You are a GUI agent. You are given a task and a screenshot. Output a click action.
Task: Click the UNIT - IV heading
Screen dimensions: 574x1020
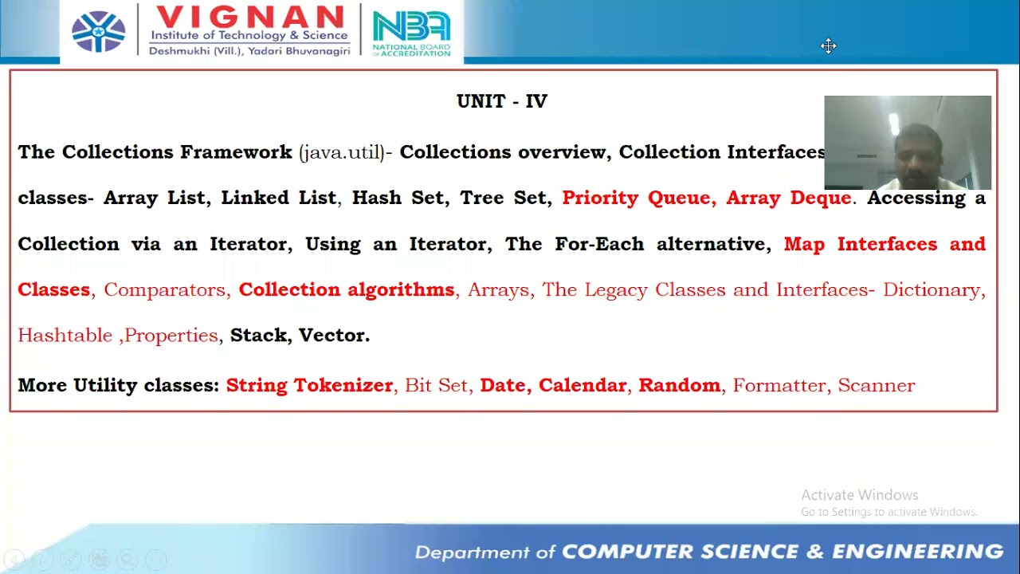pos(502,101)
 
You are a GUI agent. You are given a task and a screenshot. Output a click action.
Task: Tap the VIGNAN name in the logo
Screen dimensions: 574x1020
pos(249,16)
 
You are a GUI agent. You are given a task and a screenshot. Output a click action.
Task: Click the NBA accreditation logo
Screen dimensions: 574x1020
pos(411,32)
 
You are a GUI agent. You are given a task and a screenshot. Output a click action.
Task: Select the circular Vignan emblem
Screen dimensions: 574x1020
pos(99,32)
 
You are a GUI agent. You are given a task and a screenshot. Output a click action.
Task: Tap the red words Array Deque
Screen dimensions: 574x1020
pos(788,198)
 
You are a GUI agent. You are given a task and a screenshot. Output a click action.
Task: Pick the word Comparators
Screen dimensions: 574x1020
pos(165,289)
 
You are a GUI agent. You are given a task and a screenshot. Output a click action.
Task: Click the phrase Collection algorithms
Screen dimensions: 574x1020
pos(346,289)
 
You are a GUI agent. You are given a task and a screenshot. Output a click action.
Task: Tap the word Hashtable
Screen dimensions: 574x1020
pos(65,336)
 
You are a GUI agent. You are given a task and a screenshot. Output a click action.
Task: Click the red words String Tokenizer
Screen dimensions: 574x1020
pos(309,386)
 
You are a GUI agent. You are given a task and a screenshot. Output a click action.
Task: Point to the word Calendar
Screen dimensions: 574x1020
pos(582,386)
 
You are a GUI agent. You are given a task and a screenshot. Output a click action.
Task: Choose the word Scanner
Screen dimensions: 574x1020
pos(876,386)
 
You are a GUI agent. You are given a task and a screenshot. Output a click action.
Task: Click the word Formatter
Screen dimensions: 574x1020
pos(779,386)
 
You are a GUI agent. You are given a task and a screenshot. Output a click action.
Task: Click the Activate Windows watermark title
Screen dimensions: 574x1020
pos(859,495)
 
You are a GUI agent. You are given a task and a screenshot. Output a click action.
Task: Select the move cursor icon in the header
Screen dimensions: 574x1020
pos(829,46)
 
